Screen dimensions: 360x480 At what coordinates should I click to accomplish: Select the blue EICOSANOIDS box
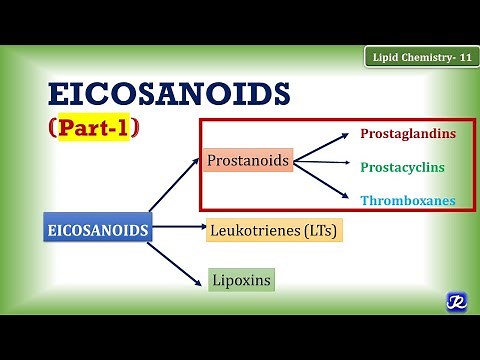pos(97,229)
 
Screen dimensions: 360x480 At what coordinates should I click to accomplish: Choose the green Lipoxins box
pos(240,280)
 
